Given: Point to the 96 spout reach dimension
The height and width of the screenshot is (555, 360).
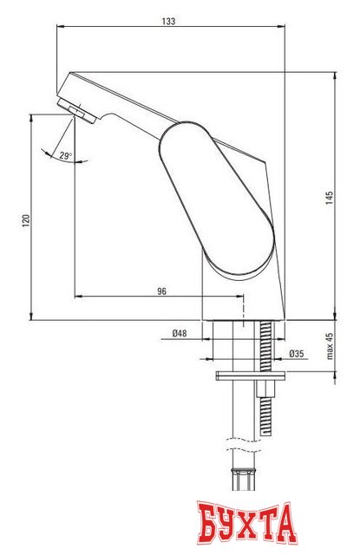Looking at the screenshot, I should coord(161,291).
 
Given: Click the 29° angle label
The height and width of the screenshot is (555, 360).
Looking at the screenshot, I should coord(65,156).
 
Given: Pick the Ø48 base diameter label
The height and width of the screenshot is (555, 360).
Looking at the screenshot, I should coord(180,332).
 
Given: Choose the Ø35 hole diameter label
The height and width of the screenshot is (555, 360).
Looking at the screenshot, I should coord(297,353).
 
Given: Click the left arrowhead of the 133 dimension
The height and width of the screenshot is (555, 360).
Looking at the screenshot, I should coord(59,26).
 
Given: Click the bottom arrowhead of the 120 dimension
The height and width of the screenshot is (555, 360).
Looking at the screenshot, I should coord(33,317).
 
